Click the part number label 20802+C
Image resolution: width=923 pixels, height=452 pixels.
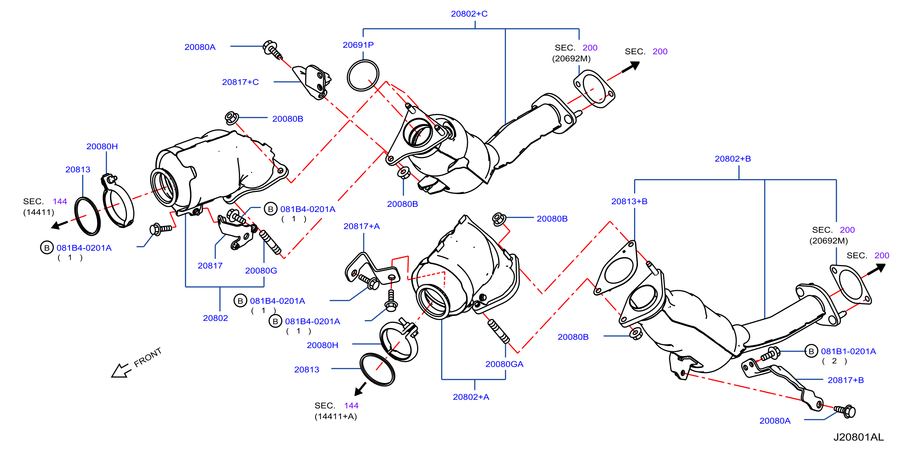[x=469, y=14]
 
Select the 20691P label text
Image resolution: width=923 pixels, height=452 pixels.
[x=358, y=45]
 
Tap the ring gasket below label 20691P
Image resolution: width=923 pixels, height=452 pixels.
[x=363, y=76]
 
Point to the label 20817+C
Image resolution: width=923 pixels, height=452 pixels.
[x=240, y=82]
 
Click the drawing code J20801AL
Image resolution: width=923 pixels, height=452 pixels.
[x=859, y=437]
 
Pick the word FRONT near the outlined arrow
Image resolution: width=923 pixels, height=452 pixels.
[x=148, y=357]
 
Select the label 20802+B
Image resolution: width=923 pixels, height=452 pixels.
[x=733, y=159]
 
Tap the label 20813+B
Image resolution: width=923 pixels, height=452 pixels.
[x=629, y=201]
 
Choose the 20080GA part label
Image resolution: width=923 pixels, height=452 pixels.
[x=504, y=364]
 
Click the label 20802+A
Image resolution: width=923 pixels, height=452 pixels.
[x=471, y=397]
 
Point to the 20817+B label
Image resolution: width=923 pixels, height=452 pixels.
[x=846, y=380]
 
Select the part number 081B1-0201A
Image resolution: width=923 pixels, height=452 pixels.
[x=848, y=351]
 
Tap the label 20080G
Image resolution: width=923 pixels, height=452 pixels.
[x=261, y=270]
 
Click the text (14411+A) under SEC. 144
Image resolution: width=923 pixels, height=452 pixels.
[x=336, y=416]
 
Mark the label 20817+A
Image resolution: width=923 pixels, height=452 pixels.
[x=361, y=226]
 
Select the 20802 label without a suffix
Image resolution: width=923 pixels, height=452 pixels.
[x=215, y=318]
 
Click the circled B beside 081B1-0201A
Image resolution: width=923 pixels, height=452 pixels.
[x=811, y=351]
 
